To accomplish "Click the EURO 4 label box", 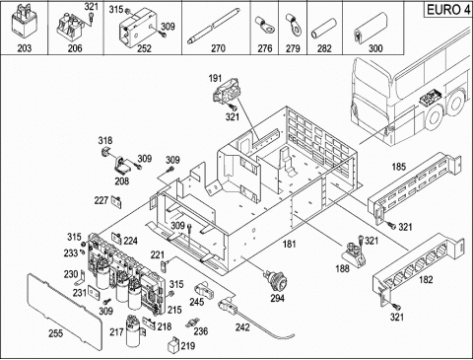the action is [x=448, y=10].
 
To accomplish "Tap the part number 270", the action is [x=218, y=48].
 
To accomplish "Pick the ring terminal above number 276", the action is [x=264, y=26].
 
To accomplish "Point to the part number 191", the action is [x=215, y=79].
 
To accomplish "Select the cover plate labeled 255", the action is [x=62, y=311].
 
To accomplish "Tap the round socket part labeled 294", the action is [x=277, y=280].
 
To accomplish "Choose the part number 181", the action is [x=290, y=244].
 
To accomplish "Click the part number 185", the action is [x=399, y=167].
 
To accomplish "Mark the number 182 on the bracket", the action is [x=426, y=280].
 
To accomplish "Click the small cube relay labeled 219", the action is [x=173, y=344].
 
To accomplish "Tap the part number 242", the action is [x=242, y=327].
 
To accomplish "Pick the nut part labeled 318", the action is [x=105, y=153].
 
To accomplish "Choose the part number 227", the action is [x=101, y=200].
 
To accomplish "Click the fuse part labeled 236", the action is [x=191, y=324].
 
